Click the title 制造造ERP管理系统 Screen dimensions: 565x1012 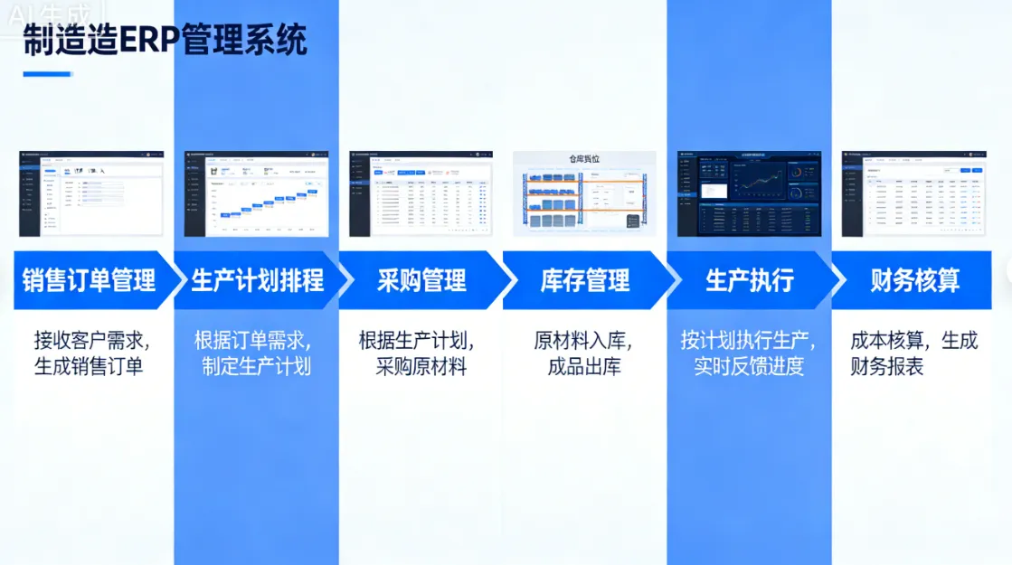tap(166, 40)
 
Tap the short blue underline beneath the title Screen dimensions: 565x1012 tap(47, 74)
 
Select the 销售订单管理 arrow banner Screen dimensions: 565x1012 tap(89, 280)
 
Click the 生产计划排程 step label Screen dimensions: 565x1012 tap(257, 280)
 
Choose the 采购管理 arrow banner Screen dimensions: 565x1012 tap(421, 280)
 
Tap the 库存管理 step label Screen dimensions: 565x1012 tap(585, 280)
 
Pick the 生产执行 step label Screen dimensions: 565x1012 tap(749, 280)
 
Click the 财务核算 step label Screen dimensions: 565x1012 tap(914, 280)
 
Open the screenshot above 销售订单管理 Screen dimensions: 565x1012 tap(91, 193)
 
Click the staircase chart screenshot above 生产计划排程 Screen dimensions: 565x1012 tap(256, 193)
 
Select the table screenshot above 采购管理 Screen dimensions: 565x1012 tap(421, 193)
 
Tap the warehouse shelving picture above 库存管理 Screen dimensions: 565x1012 tap(584, 193)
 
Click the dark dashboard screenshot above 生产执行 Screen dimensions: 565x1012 tap(749, 193)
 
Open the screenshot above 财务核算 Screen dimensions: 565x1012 tap(913, 193)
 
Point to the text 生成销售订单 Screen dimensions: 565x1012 tap(89, 366)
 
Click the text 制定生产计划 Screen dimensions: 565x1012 tap(257, 366)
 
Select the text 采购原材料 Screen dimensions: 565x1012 tap(421, 366)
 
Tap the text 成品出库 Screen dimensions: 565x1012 tap(584, 366)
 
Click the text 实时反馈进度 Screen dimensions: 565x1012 tap(749, 366)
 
